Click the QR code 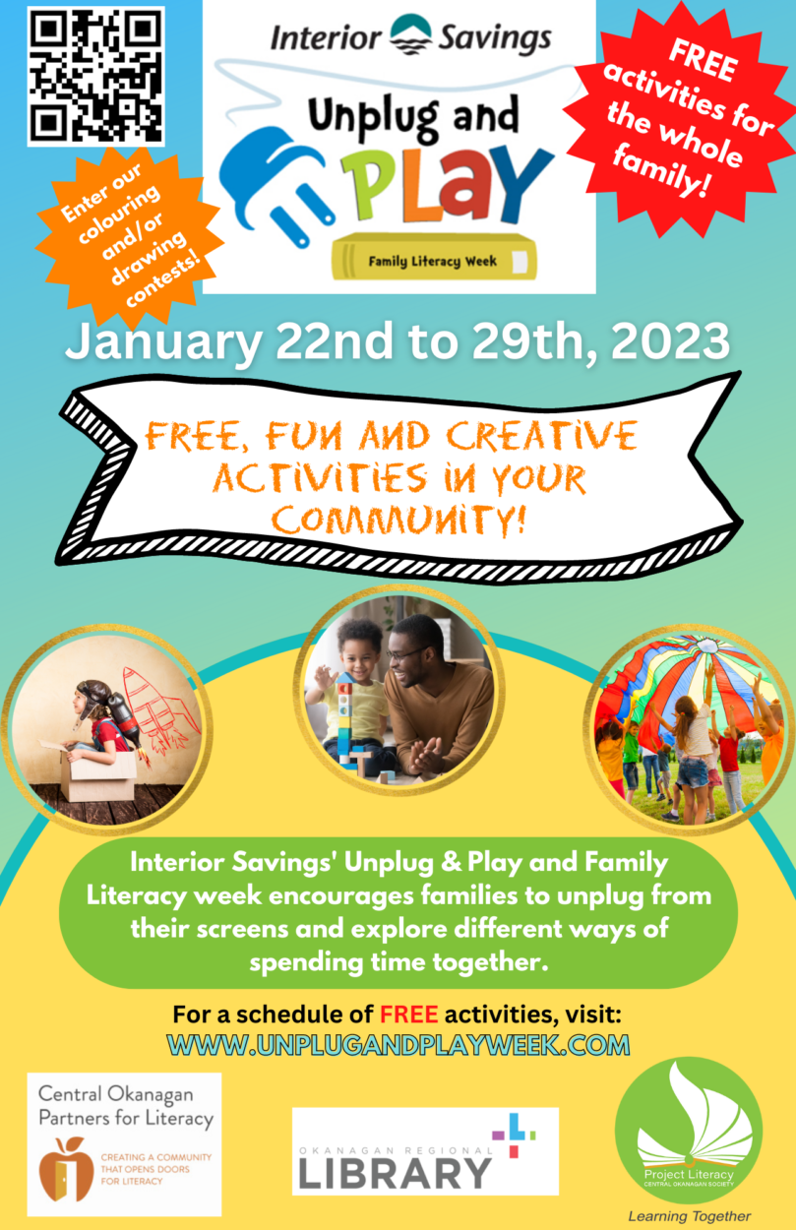pyautogui.click(x=96, y=77)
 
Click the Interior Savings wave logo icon pyautogui.click(x=410, y=34)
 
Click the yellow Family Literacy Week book pyautogui.click(x=434, y=257)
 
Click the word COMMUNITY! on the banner pyautogui.click(x=399, y=520)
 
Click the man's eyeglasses pyautogui.click(x=404, y=654)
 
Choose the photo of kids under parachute pyautogui.click(x=690, y=729)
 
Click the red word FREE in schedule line pyautogui.click(x=409, y=1015)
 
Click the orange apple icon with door pyautogui.click(x=66, y=1168)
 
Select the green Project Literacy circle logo pyautogui.click(x=689, y=1131)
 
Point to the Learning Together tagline pyautogui.click(x=689, y=1215)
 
